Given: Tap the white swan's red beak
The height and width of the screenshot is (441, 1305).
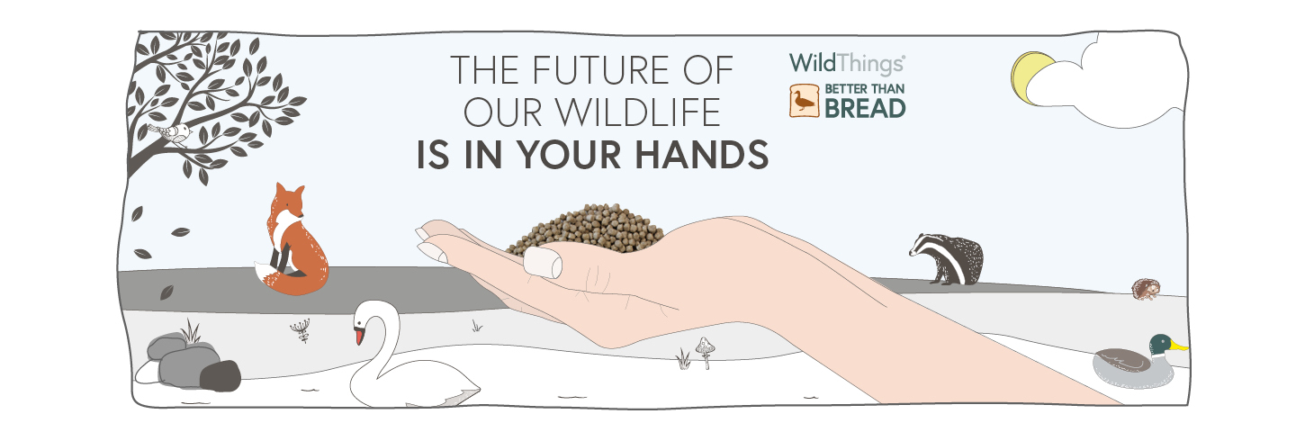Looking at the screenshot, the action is coord(359,336).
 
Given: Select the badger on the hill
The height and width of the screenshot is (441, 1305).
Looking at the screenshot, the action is coord(947,258).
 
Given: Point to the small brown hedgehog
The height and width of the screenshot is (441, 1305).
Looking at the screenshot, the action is coord(1146,289).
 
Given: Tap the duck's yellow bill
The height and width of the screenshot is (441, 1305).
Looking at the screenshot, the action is coord(1179,346).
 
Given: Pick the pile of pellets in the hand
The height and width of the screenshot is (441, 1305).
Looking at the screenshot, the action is coord(586,229).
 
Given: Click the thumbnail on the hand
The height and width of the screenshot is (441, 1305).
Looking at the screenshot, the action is coord(542,262).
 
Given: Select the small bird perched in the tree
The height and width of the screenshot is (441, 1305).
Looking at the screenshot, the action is coord(171,133).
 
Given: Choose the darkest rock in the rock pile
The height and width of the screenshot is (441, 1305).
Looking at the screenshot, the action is coord(220,376).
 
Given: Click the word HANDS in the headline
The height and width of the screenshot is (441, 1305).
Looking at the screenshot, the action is coord(701,155).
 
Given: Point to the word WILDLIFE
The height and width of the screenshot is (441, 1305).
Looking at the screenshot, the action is coord(636,112).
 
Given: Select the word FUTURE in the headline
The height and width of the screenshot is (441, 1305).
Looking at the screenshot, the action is coord(601,70).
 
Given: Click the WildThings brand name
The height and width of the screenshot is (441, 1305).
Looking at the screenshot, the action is coord(847,64).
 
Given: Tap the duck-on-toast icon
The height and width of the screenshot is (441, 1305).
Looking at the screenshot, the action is coord(804,101).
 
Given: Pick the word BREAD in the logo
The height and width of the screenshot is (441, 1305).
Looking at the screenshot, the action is coord(865,108).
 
